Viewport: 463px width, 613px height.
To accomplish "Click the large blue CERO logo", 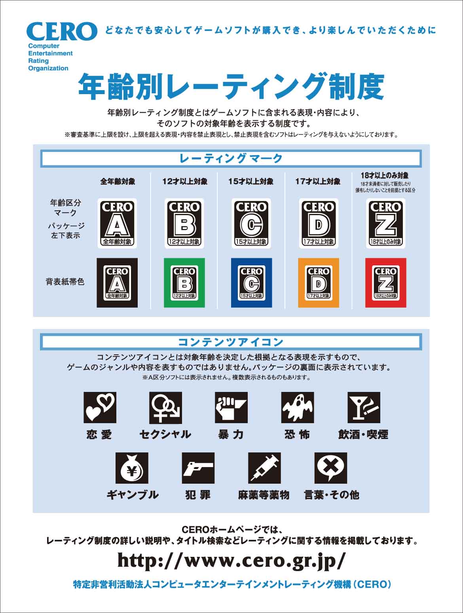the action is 62,32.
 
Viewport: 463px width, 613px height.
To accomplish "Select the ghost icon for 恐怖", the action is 297,407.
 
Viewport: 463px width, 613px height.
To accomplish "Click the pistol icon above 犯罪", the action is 198,468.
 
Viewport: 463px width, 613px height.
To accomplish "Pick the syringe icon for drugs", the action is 264,468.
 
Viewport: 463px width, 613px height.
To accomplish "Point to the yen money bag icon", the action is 132,468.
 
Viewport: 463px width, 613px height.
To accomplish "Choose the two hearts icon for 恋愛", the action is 100,407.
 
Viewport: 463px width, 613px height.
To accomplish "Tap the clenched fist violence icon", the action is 231,407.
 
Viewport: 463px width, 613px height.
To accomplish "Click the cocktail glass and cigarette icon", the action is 364,407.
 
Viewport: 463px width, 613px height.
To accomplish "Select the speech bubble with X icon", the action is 330,468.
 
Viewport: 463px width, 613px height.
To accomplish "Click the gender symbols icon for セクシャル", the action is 165,407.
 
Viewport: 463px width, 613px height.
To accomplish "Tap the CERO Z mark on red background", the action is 385,283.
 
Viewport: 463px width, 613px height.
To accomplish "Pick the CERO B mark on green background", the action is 184,283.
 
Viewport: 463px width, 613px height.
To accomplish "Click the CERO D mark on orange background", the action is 319,283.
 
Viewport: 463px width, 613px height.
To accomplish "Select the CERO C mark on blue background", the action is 251,283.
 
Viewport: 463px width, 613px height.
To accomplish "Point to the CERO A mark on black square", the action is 117,283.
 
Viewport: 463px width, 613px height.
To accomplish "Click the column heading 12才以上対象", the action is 185,182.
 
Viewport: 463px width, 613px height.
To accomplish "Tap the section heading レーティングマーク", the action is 231,159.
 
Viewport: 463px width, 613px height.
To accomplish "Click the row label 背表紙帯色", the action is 65,282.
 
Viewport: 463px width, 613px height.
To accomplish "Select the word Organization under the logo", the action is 48,68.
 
